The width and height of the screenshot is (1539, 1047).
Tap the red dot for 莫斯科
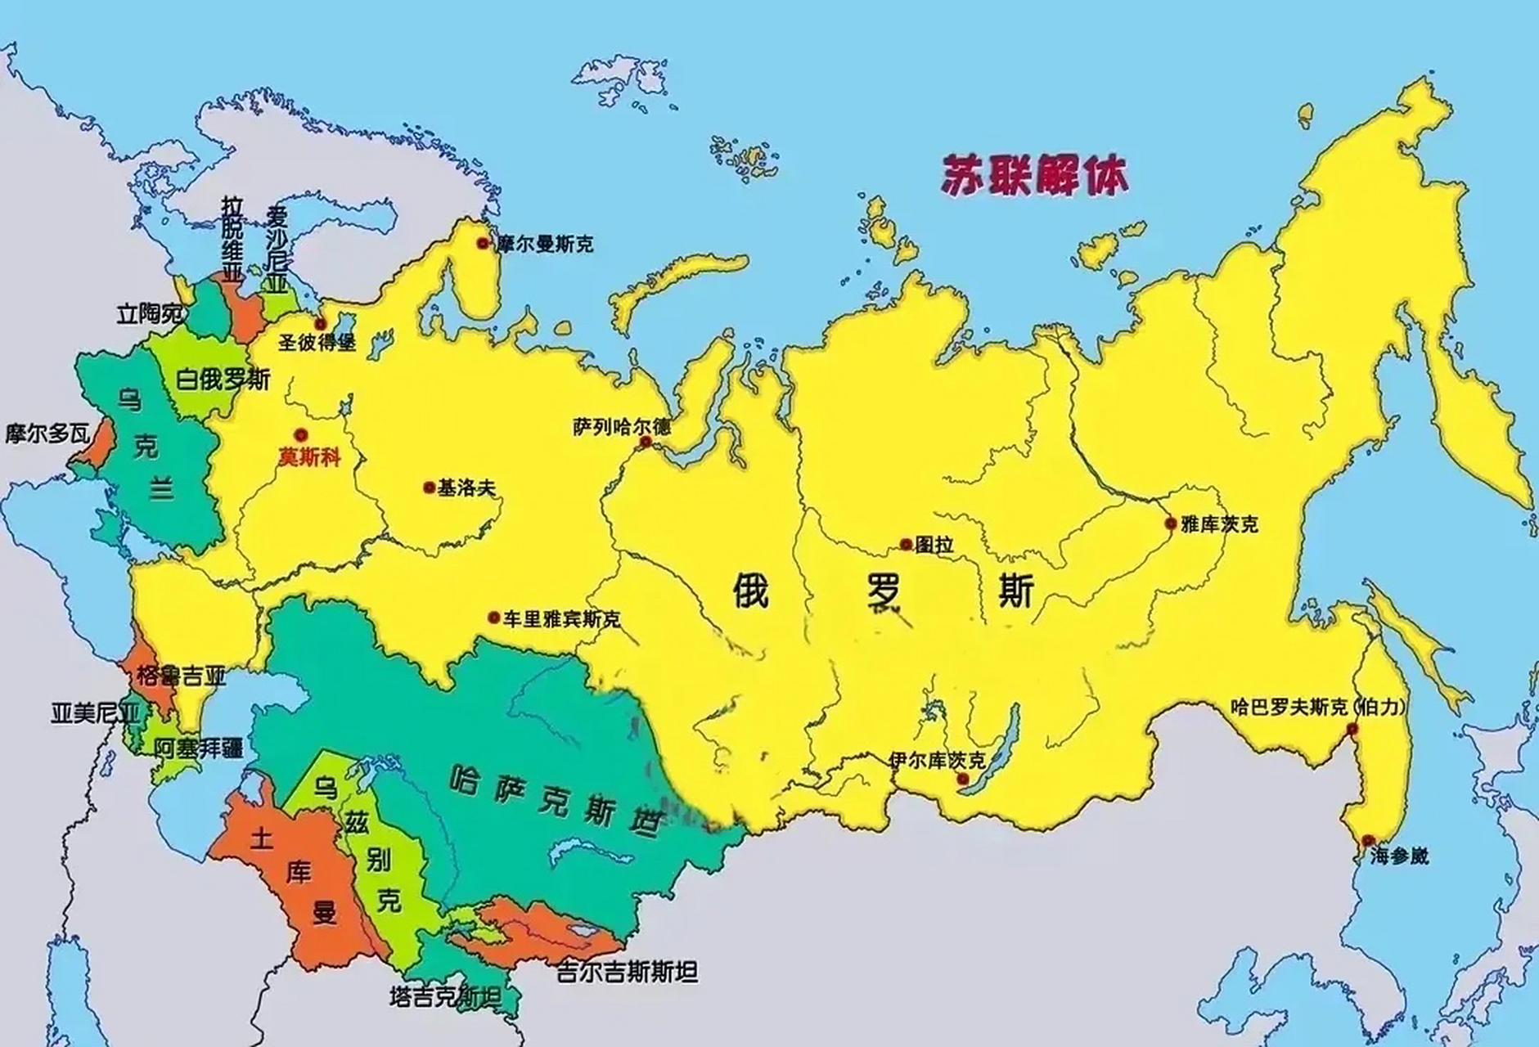click(x=302, y=435)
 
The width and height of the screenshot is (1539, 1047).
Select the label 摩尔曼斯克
click(x=544, y=244)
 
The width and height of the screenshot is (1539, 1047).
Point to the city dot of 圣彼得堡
click(x=321, y=324)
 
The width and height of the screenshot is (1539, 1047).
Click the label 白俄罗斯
click(x=223, y=380)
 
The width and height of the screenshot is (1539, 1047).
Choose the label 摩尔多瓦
click(x=47, y=434)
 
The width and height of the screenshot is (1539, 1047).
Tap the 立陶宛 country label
click(x=151, y=313)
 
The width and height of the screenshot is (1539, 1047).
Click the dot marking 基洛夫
click(x=429, y=488)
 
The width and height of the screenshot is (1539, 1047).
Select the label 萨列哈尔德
click(x=621, y=427)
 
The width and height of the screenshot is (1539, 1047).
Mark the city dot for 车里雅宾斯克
click(x=493, y=618)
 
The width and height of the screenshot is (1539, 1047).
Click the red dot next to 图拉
click(x=906, y=544)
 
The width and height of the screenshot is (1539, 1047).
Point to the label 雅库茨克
click(x=1219, y=524)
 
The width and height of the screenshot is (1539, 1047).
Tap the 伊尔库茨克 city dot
click(x=963, y=780)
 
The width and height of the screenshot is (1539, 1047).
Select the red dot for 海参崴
click(x=1368, y=840)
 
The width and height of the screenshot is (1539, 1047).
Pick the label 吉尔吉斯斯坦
click(x=627, y=972)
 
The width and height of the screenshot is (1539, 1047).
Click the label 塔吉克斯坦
click(x=445, y=996)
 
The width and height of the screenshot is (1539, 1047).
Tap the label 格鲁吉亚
click(x=181, y=676)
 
